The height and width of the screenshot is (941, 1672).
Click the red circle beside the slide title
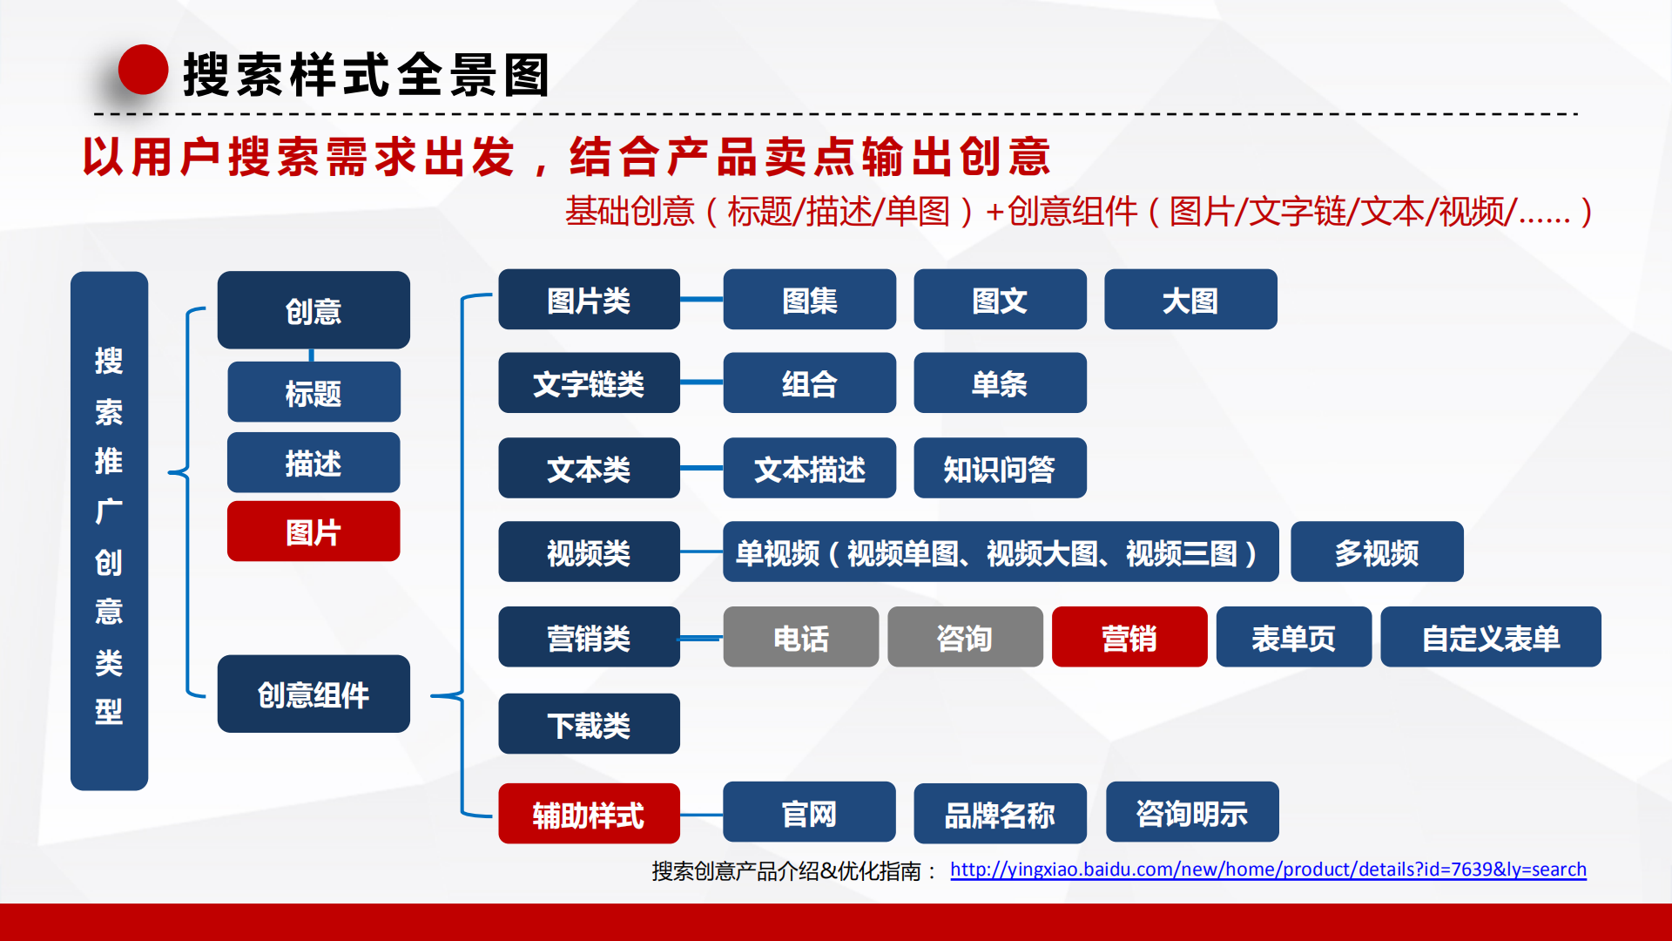tap(143, 70)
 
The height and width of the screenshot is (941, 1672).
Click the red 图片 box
tap(313, 531)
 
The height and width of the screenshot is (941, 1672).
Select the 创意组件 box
tap(313, 694)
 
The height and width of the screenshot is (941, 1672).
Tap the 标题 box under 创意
tap(313, 392)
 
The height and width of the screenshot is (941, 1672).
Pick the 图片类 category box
tap(589, 300)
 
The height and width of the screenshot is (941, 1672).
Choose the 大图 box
tap(1190, 300)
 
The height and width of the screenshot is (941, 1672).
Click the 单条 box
tap(1000, 382)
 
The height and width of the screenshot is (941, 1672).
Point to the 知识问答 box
tap(1000, 468)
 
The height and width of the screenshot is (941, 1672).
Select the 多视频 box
tap(1377, 552)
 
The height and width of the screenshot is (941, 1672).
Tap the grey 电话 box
tap(801, 637)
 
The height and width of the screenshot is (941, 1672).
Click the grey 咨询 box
tap(965, 637)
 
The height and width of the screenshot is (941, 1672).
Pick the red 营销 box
tap(1129, 637)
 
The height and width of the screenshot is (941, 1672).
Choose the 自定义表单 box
tap(1491, 637)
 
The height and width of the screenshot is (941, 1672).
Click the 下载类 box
tap(589, 723)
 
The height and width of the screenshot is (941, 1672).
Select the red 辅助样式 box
tap(589, 814)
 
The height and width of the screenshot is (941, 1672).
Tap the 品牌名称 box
tap(1000, 814)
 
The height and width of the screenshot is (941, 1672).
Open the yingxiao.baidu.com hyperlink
tap(1268, 870)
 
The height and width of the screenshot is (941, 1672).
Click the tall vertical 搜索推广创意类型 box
tap(109, 531)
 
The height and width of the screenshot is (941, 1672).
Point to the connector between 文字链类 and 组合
tap(701, 382)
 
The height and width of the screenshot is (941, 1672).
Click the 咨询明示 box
tap(1192, 812)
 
